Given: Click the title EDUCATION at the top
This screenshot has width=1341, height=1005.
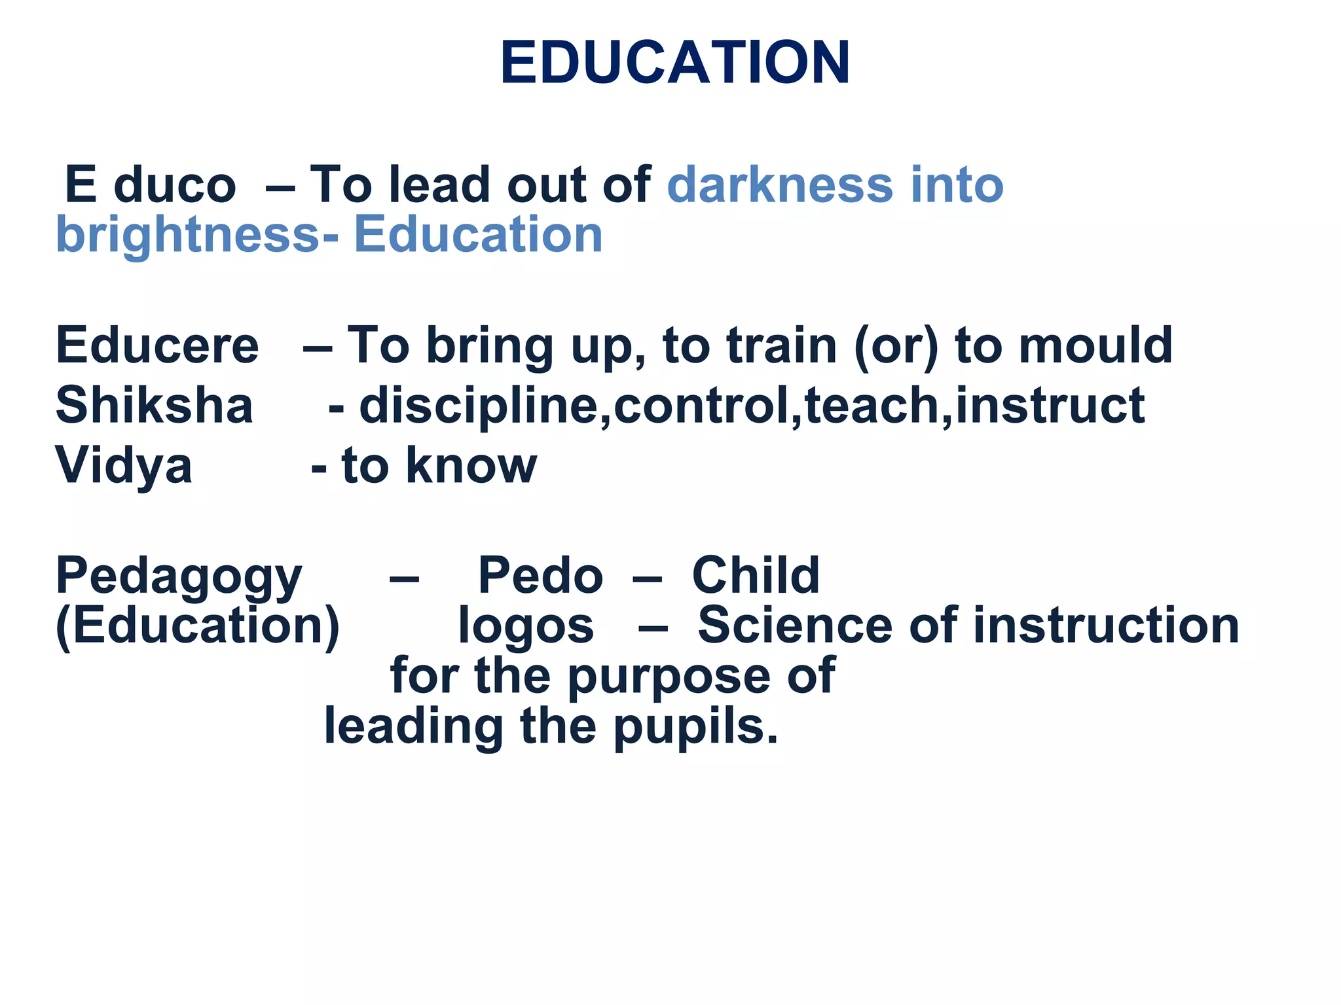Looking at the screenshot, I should [x=675, y=63].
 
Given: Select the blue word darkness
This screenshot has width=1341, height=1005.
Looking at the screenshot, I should [x=780, y=185].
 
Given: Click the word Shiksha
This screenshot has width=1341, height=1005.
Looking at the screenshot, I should [x=155, y=406].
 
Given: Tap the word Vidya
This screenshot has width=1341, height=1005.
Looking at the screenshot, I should [x=124, y=466].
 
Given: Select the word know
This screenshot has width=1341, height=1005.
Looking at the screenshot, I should [x=471, y=466].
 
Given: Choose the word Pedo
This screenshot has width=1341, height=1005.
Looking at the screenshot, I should [x=540, y=576].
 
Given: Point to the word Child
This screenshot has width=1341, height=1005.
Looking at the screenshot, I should [x=756, y=576].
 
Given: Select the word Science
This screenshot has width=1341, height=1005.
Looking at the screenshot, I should [x=795, y=626].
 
